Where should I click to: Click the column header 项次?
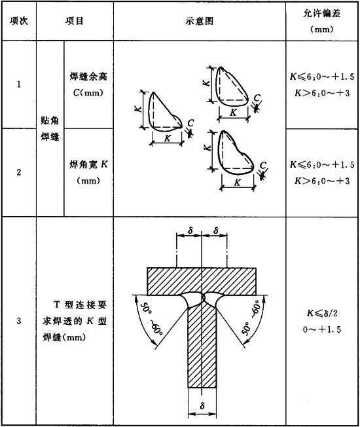pyautogui.click(x=19, y=21)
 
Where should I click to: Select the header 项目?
pyautogui.click(x=74, y=21)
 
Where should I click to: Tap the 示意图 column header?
pyautogui.click(x=200, y=21)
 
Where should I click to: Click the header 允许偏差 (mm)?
pyautogui.click(x=322, y=21)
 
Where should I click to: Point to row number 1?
pyautogui.click(x=19, y=84)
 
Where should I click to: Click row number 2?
pyautogui.click(x=19, y=172)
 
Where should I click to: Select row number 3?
pyautogui.click(x=19, y=321)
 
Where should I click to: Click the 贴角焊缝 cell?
pyautogui.click(x=50, y=128)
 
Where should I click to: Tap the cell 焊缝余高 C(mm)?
pyautogui.click(x=88, y=84)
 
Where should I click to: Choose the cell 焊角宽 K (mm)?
pyautogui.click(x=88, y=172)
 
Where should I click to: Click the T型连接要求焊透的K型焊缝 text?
pyautogui.click(x=75, y=321)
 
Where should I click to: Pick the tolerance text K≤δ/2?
pyautogui.click(x=322, y=313)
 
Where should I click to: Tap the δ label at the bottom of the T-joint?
pyautogui.click(x=202, y=406)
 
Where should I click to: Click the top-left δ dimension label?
pyautogui.click(x=190, y=231)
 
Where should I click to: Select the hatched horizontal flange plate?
pyautogui.click(x=202, y=282)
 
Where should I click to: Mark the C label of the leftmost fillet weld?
pyautogui.click(x=190, y=123)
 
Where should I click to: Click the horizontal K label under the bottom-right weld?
pyautogui.click(x=238, y=183)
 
